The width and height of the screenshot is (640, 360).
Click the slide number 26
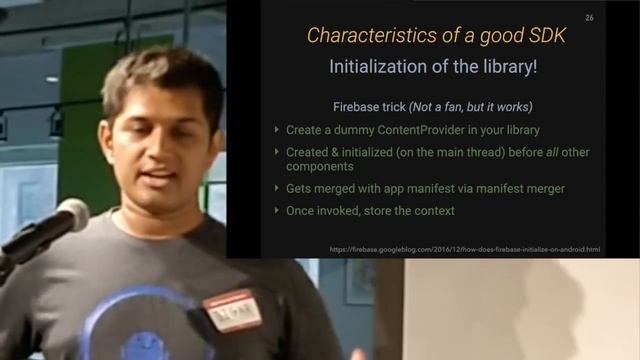(589, 18)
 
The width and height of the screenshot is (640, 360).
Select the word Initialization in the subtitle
(377, 67)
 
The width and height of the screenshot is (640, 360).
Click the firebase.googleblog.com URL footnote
(465, 248)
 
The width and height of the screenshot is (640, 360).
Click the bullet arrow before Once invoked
(277, 210)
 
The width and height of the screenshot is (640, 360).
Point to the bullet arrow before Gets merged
(277, 188)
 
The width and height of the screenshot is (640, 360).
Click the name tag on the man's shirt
(232, 311)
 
